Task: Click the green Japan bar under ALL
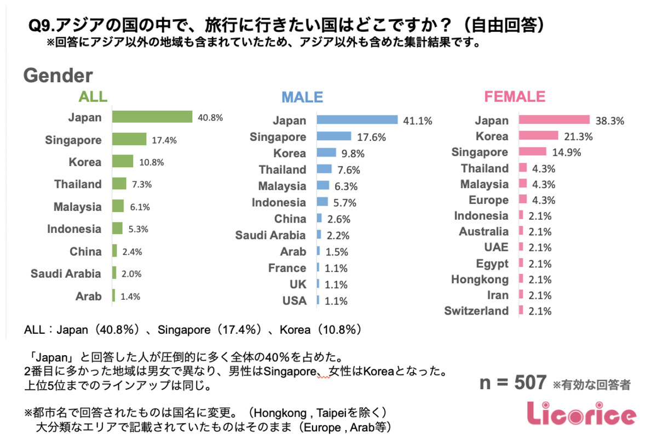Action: point(152,117)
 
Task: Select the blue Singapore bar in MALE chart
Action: point(333,136)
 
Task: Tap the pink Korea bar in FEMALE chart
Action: point(538,136)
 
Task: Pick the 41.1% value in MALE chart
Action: point(417,121)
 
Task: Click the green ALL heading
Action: point(93,97)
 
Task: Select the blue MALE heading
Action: point(302,98)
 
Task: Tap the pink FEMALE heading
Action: point(514,97)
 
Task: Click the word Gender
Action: point(58,76)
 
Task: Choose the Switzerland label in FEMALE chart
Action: point(476,311)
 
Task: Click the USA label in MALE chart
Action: point(295,301)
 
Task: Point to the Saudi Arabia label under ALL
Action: point(66,274)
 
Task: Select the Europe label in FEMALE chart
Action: point(488,200)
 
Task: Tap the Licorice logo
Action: point(581,414)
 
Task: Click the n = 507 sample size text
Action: point(512,383)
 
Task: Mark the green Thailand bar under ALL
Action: point(119,184)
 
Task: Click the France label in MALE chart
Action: point(287,268)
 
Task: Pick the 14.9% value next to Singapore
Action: point(564,152)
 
